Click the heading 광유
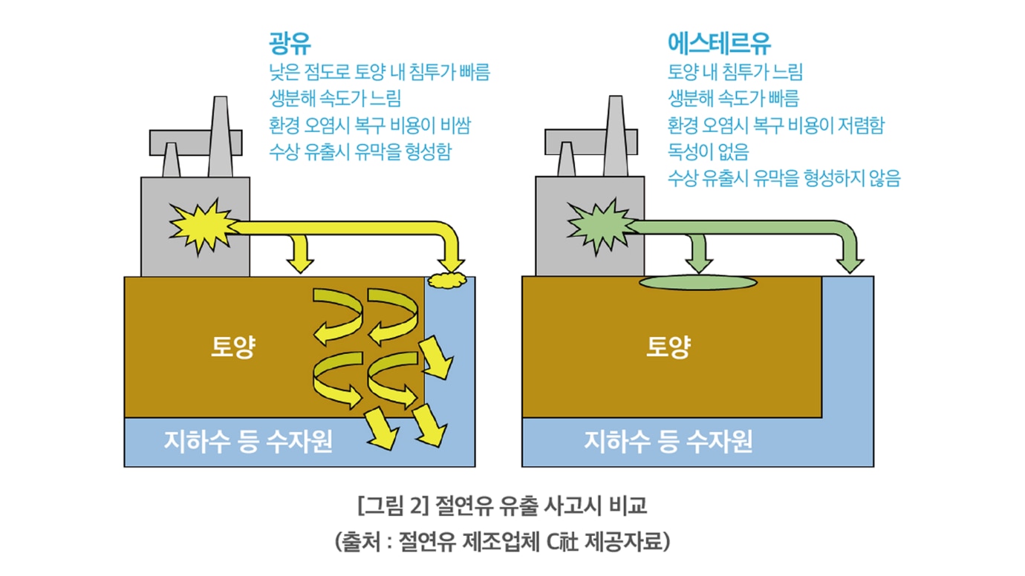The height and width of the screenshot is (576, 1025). pyautogui.click(x=290, y=44)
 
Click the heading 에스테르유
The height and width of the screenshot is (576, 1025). pyautogui.click(x=719, y=44)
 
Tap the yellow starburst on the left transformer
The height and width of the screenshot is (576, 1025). pyautogui.click(x=204, y=226)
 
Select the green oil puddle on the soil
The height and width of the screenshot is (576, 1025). pyautogui.click(x=698, y=283)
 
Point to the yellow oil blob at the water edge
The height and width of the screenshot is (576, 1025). pyautogui.click(x=448, y=280)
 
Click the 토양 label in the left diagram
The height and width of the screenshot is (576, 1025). pyautogui.click(x=233, y=347)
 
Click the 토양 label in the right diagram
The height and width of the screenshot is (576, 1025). pyautogui.click(x=668, y=347)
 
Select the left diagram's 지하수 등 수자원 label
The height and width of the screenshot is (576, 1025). pyautogui.click(x=248, y=442)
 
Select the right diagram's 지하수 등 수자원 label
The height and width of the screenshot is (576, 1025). pyautogui.click(x=668, y=442)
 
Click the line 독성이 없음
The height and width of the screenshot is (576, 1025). pyautogui.click(x=709, y=151)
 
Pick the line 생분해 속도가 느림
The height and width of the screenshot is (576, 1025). pyautogui.click(x=335, y=98)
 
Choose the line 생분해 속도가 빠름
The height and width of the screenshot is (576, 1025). pyautogui.click(x=734, y=98)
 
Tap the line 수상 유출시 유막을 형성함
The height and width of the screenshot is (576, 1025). pyautogui.click(x=360, y=151)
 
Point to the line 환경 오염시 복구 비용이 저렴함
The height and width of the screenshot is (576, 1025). pyautogui.click(x=776, y=125)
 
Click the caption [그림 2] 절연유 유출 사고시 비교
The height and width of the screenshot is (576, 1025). pyautogui.click(x=502, y=505)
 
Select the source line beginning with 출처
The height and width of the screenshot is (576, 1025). pyautogui.click(x=502, y=542)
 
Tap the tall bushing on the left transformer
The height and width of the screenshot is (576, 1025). pyautogui.click(x=221, y=137)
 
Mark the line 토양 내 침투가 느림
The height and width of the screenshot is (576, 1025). pyautogui.click(x=735, y=71)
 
